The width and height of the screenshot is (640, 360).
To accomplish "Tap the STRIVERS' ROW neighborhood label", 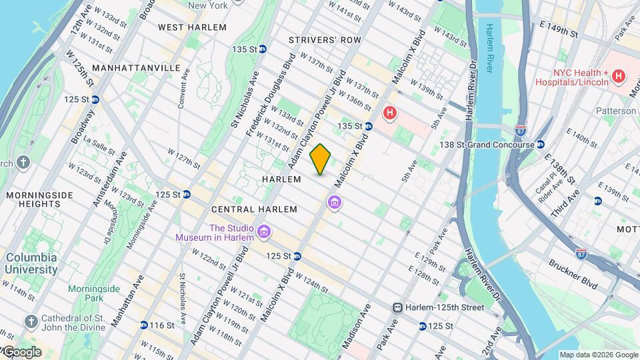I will click(x=325, y=40).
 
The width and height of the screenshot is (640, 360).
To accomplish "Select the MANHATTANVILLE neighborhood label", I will click(x=137, y=68).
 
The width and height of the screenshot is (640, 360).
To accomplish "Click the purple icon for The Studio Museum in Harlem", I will click(x=265, y=232).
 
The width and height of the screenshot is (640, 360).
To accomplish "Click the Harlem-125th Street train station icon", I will click(x=397, y=307).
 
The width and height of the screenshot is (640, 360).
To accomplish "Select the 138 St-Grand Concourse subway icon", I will click(x=541, y=144).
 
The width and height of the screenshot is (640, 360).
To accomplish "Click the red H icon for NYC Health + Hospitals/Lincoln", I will click(x=618, y=77).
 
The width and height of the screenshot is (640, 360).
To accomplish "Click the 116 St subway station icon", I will click(x=144, y=325).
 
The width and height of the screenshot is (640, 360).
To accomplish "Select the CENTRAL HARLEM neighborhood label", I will click(x=254, y=209).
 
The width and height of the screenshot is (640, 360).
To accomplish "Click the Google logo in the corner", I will click(x=21, y=352).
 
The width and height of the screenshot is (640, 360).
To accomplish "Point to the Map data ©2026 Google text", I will click(x=599, y=355).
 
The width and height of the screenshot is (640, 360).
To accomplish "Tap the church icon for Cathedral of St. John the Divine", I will click(x=30, y=321).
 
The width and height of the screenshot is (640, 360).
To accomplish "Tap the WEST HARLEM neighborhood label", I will click(x=192, y=27).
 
